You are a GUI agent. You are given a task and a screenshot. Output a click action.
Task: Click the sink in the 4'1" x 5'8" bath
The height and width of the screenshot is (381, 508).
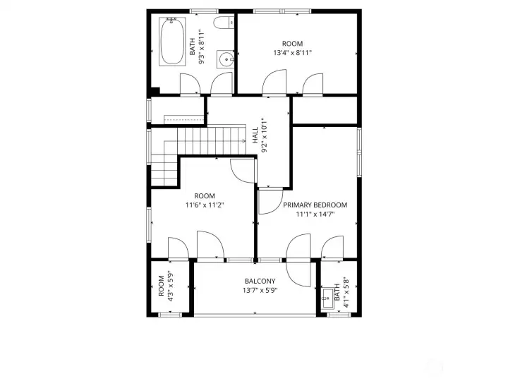coord(327,298)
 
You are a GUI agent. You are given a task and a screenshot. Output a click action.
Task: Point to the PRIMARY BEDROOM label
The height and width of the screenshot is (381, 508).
coord(315,205)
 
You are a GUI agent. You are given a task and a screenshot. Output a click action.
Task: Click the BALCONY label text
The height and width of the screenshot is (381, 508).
coord(260,281)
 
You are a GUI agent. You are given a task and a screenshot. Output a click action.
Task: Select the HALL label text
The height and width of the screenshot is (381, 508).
coord(255,134)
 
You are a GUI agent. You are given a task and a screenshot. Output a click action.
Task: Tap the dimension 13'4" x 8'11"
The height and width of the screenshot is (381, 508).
coord(292,53)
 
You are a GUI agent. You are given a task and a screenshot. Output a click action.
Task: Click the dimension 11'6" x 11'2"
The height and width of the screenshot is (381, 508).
coord(205,205)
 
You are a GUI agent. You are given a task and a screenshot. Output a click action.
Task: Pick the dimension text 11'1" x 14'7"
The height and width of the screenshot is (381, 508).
coord(315,214)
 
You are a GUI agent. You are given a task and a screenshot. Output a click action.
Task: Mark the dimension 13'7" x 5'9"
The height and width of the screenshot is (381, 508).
coord(260,290)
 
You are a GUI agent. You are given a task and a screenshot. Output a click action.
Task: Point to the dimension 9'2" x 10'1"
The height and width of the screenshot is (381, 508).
coord(265,135)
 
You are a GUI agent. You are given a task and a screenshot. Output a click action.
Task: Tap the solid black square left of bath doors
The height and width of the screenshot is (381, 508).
coord(155,90)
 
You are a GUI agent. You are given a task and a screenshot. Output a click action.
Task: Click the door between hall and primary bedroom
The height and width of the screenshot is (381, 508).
coord(269,201)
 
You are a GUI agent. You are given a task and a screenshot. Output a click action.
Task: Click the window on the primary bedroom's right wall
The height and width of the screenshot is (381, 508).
coord(358,151)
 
